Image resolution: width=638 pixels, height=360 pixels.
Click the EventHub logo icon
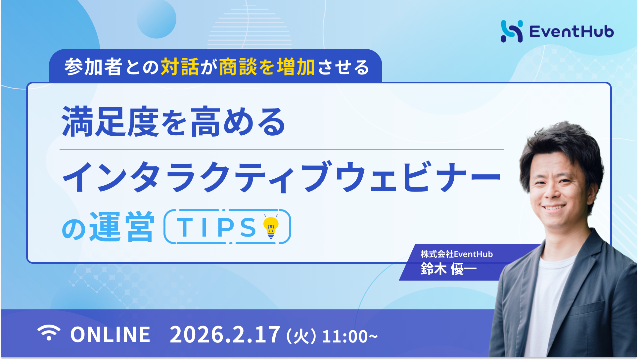click(x=512, y=31)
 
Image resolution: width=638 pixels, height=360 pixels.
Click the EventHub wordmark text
click(x=571, y=32)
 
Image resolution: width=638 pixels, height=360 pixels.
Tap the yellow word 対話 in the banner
click(x=180, y=67)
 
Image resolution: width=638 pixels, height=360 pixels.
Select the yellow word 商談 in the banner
click(x=238, y=67)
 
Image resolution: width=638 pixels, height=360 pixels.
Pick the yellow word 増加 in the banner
click(x=296, y=67)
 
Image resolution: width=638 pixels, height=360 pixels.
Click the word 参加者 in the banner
click(x=93, y=67)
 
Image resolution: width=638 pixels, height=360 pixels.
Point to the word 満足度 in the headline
click(x=110, y=122)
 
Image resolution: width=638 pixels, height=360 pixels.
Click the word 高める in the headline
click(x=238, y=122)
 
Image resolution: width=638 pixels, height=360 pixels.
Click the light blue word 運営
click(x=121, y=227)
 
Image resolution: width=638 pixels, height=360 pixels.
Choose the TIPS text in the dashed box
click(x=217, y=227)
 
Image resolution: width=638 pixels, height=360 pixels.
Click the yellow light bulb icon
click(x=271, y=226)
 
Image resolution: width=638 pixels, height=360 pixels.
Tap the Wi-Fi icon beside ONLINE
click(x=49, y=333)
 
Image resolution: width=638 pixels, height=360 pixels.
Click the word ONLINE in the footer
click(x=111, y=335)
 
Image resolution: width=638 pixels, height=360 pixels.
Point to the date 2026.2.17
click(x=225, y=335)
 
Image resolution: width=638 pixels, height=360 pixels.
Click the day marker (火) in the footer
click(x=301, y=336)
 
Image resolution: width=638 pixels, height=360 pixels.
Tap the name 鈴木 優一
click(x=448, y=269)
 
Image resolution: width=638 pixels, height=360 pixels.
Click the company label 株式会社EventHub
click(x=457, y=254)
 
